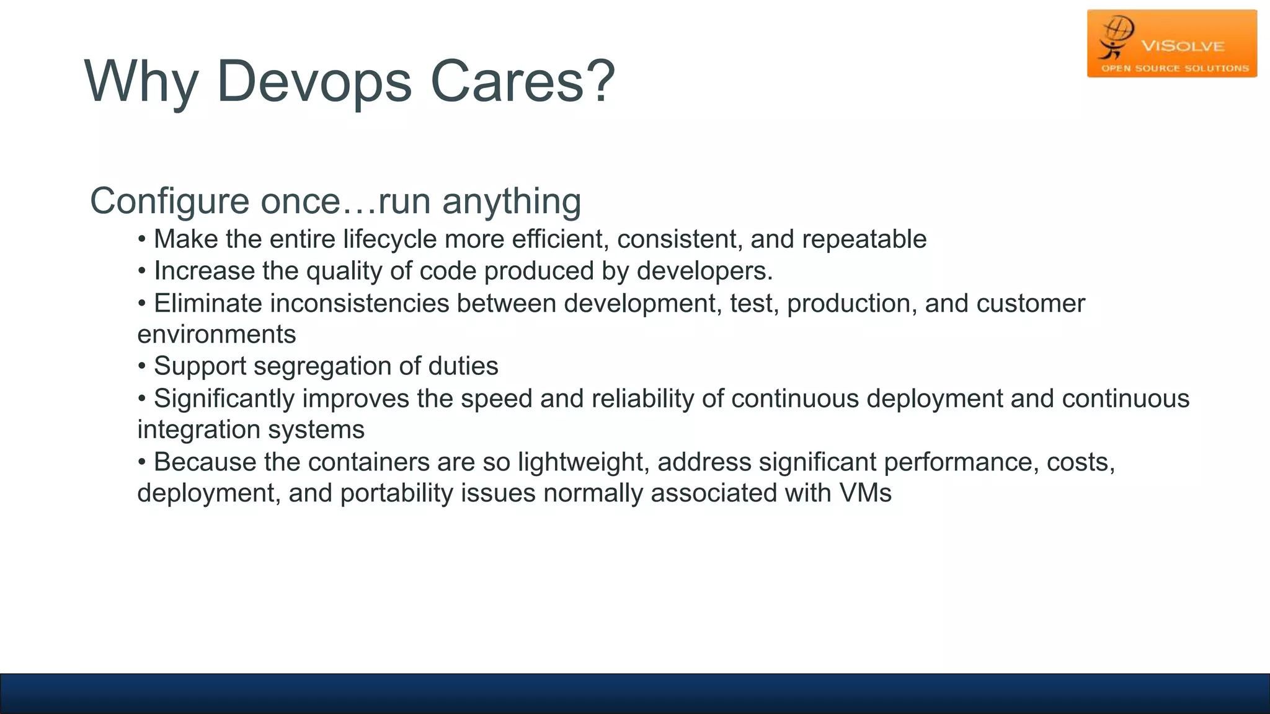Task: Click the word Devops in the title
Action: click(314, 82)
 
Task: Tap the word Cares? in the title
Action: click(522, 82)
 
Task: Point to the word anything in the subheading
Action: click(512, 202)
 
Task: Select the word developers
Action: click(704, 271)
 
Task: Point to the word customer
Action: click(1031, 304)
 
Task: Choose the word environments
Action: click(216, 335)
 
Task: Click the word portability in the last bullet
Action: click(397, 493)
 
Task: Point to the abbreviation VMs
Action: click(865, 493)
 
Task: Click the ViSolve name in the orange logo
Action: click(1183, 46)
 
